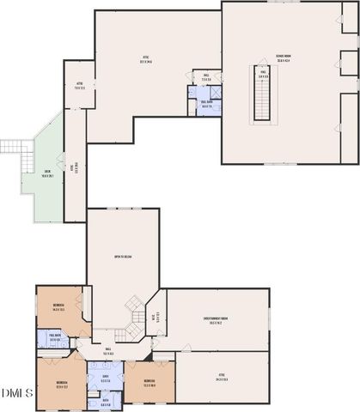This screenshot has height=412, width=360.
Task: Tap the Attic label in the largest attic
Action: pyautogui.click(x=145, y=59)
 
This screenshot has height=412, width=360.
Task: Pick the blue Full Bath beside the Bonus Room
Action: pyautogui.click(x=207, y=102)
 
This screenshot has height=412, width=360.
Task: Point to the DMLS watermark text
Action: pyautogui.click(x=15, y=393)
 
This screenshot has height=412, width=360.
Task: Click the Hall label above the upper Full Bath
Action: pyautogui.click(x=206, y=76)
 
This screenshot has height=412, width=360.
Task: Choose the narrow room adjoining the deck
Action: pyautogui.click(x=76, y=167)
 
